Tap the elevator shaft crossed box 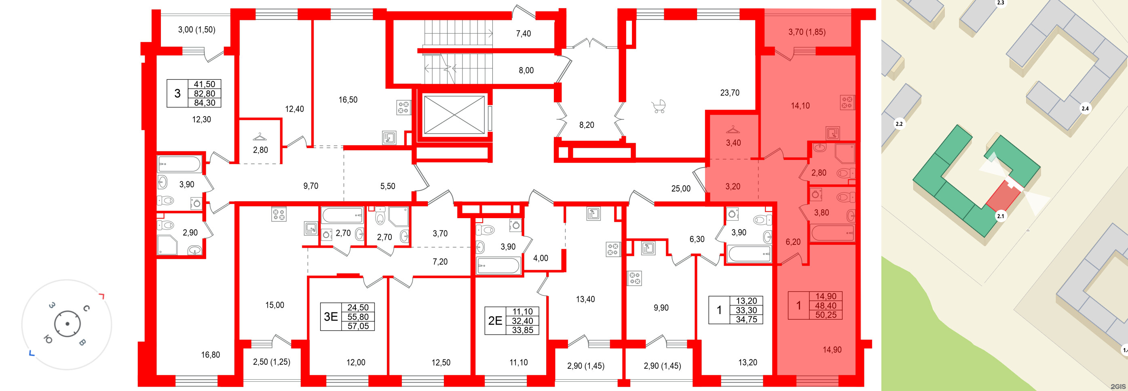pyautogui.click(x=454, y=115)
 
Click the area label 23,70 pyautogui.click(x=729, y=93)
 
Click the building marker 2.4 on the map pyautogui.click(x=1085, y=108)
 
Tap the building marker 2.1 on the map pyautogui.click(x=1001, y=216)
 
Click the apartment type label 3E pyautogui.click(x=331, y=317)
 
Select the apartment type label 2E pyautogui.click(x=495, y=321)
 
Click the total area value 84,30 pyautogui.click(x=205, y=103)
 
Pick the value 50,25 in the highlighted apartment pyautogui.click(x=826, y=315)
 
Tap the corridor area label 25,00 pyautogui.click(x=680, y=189)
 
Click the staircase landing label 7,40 pyautogui.click(x=523, y=34)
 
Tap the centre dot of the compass pyautogui.click(x=67, y=324)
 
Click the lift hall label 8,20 pyautogui.click(x=586, y=125)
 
